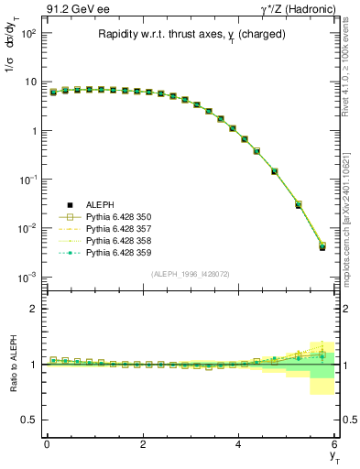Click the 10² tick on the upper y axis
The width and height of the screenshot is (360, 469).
(x=27, y=33)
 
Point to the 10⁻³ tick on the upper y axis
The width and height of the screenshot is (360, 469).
(x=27, y=277)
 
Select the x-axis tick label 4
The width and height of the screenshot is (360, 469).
(x=239, y=444)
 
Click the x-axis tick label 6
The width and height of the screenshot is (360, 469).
(x=335, y=444)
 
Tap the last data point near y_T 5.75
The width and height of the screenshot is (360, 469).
(x=322, y=246)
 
